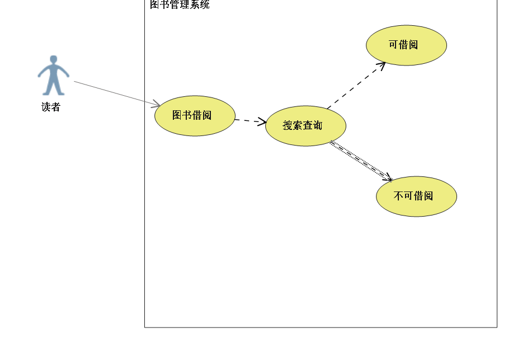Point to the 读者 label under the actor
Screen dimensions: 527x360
click(51, 107)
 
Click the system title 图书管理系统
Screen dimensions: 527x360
click(180, 5)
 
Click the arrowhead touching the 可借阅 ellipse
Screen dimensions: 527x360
click(382, 64)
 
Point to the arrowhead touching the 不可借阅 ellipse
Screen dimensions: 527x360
click(389, 179)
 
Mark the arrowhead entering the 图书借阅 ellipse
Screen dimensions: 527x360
click(157, 104)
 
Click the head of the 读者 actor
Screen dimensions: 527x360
click(54, 59)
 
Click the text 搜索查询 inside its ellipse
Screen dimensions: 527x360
click(303, 125)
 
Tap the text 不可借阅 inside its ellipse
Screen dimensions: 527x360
click(413, 196)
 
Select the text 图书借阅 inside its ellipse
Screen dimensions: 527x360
click(192, 115)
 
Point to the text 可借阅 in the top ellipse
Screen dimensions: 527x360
click(403, 45)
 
